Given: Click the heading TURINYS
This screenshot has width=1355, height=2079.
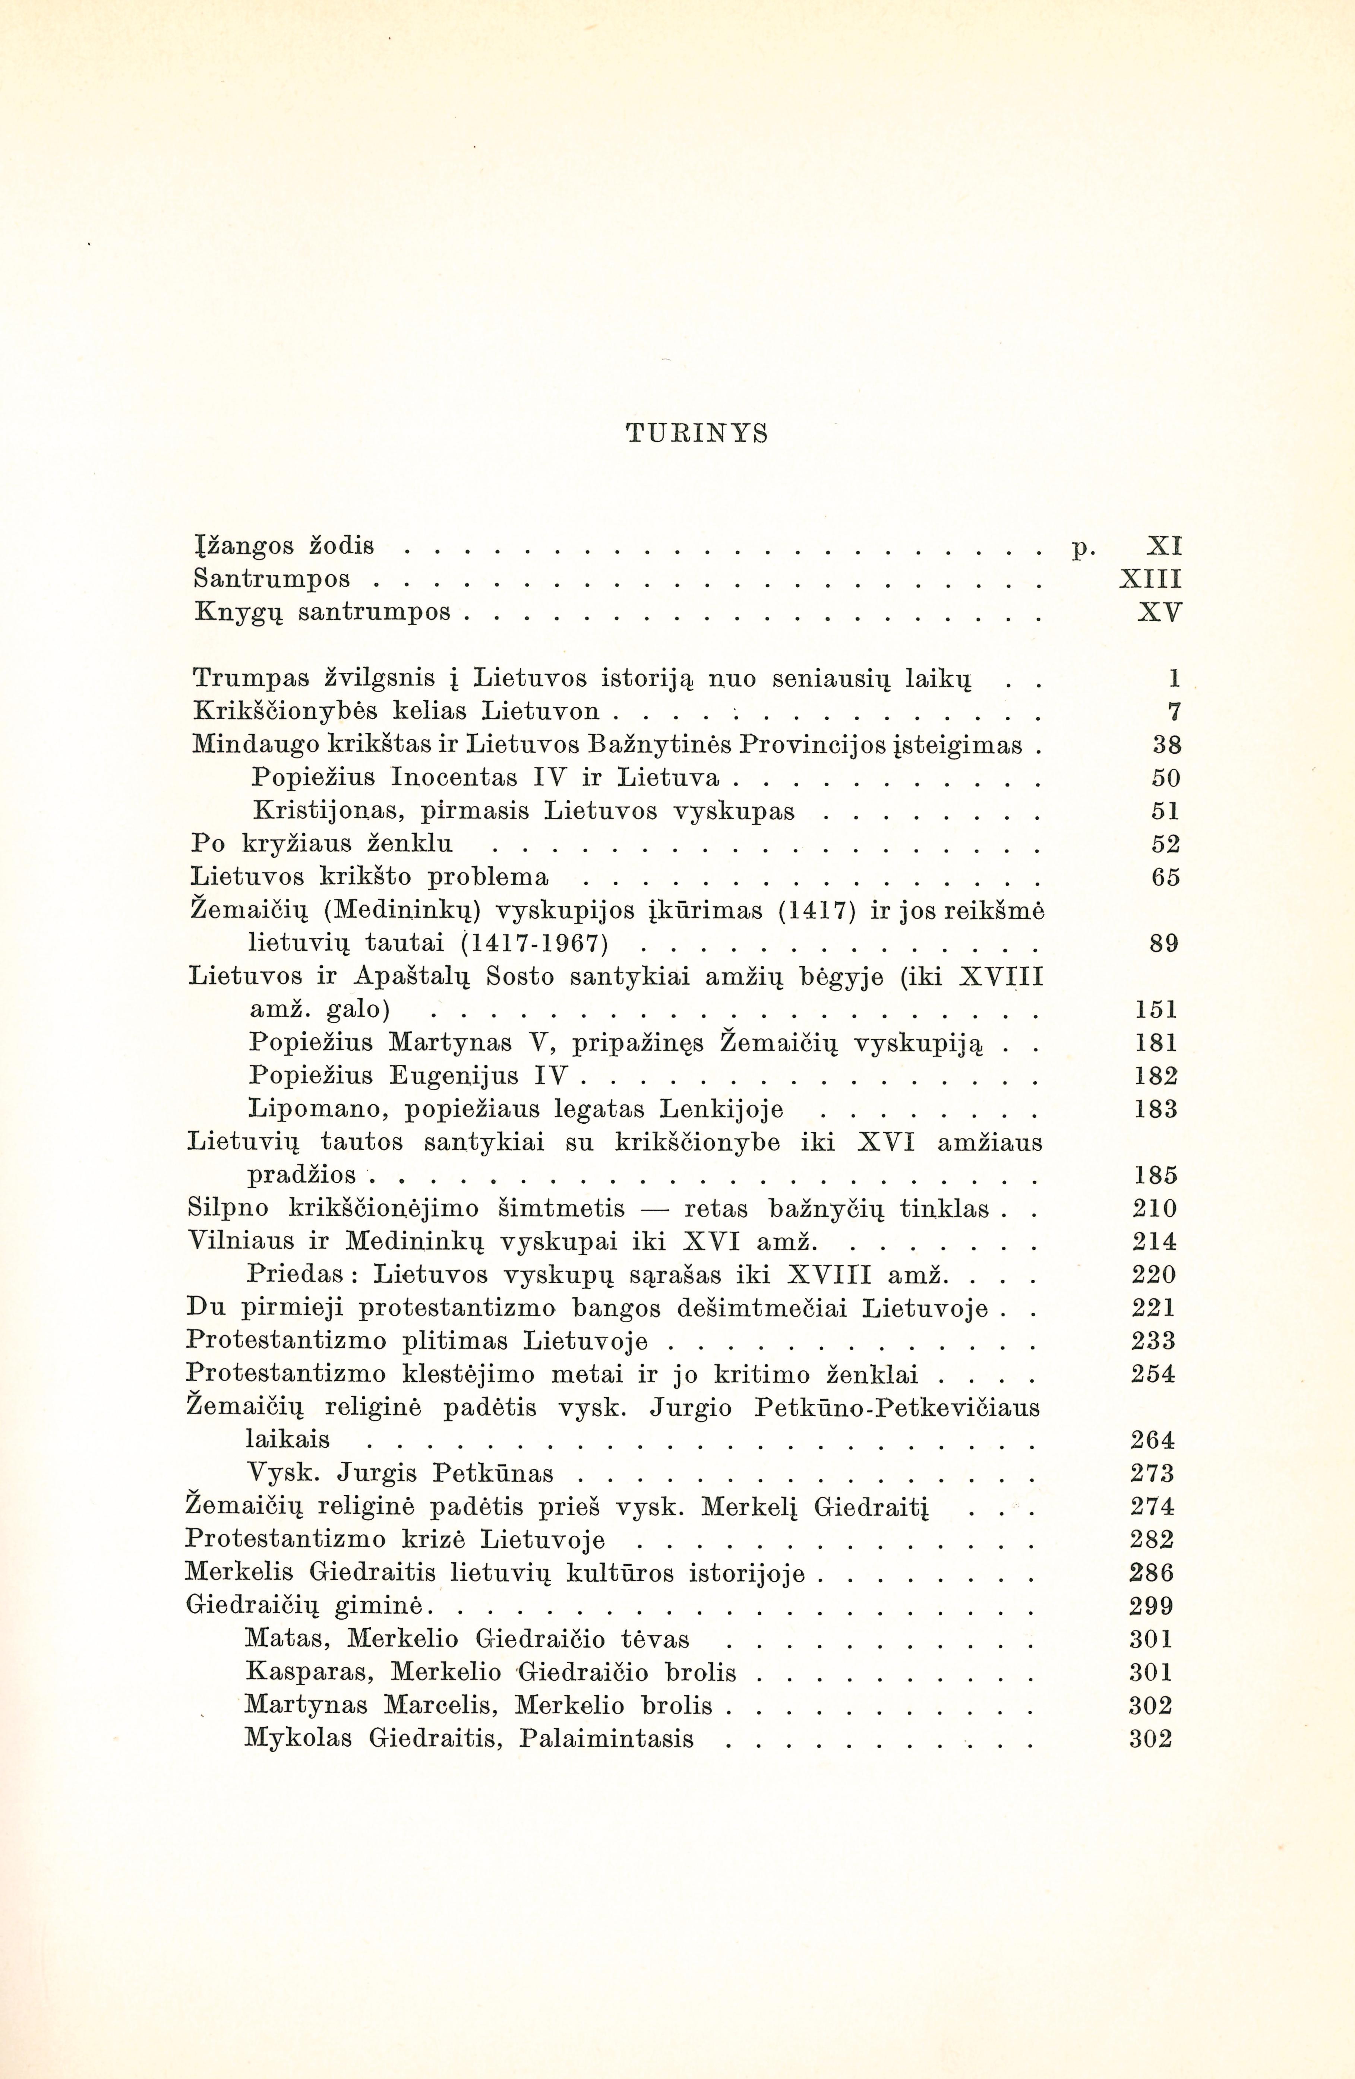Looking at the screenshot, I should point(696,433).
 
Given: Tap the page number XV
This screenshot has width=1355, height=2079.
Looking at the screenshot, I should point(1159,613).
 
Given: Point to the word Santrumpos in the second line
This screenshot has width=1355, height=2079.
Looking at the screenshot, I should point(272,579).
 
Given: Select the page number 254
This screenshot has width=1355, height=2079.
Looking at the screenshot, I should point(1153,1374).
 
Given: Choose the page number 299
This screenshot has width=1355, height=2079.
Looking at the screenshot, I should point(1152,1607).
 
